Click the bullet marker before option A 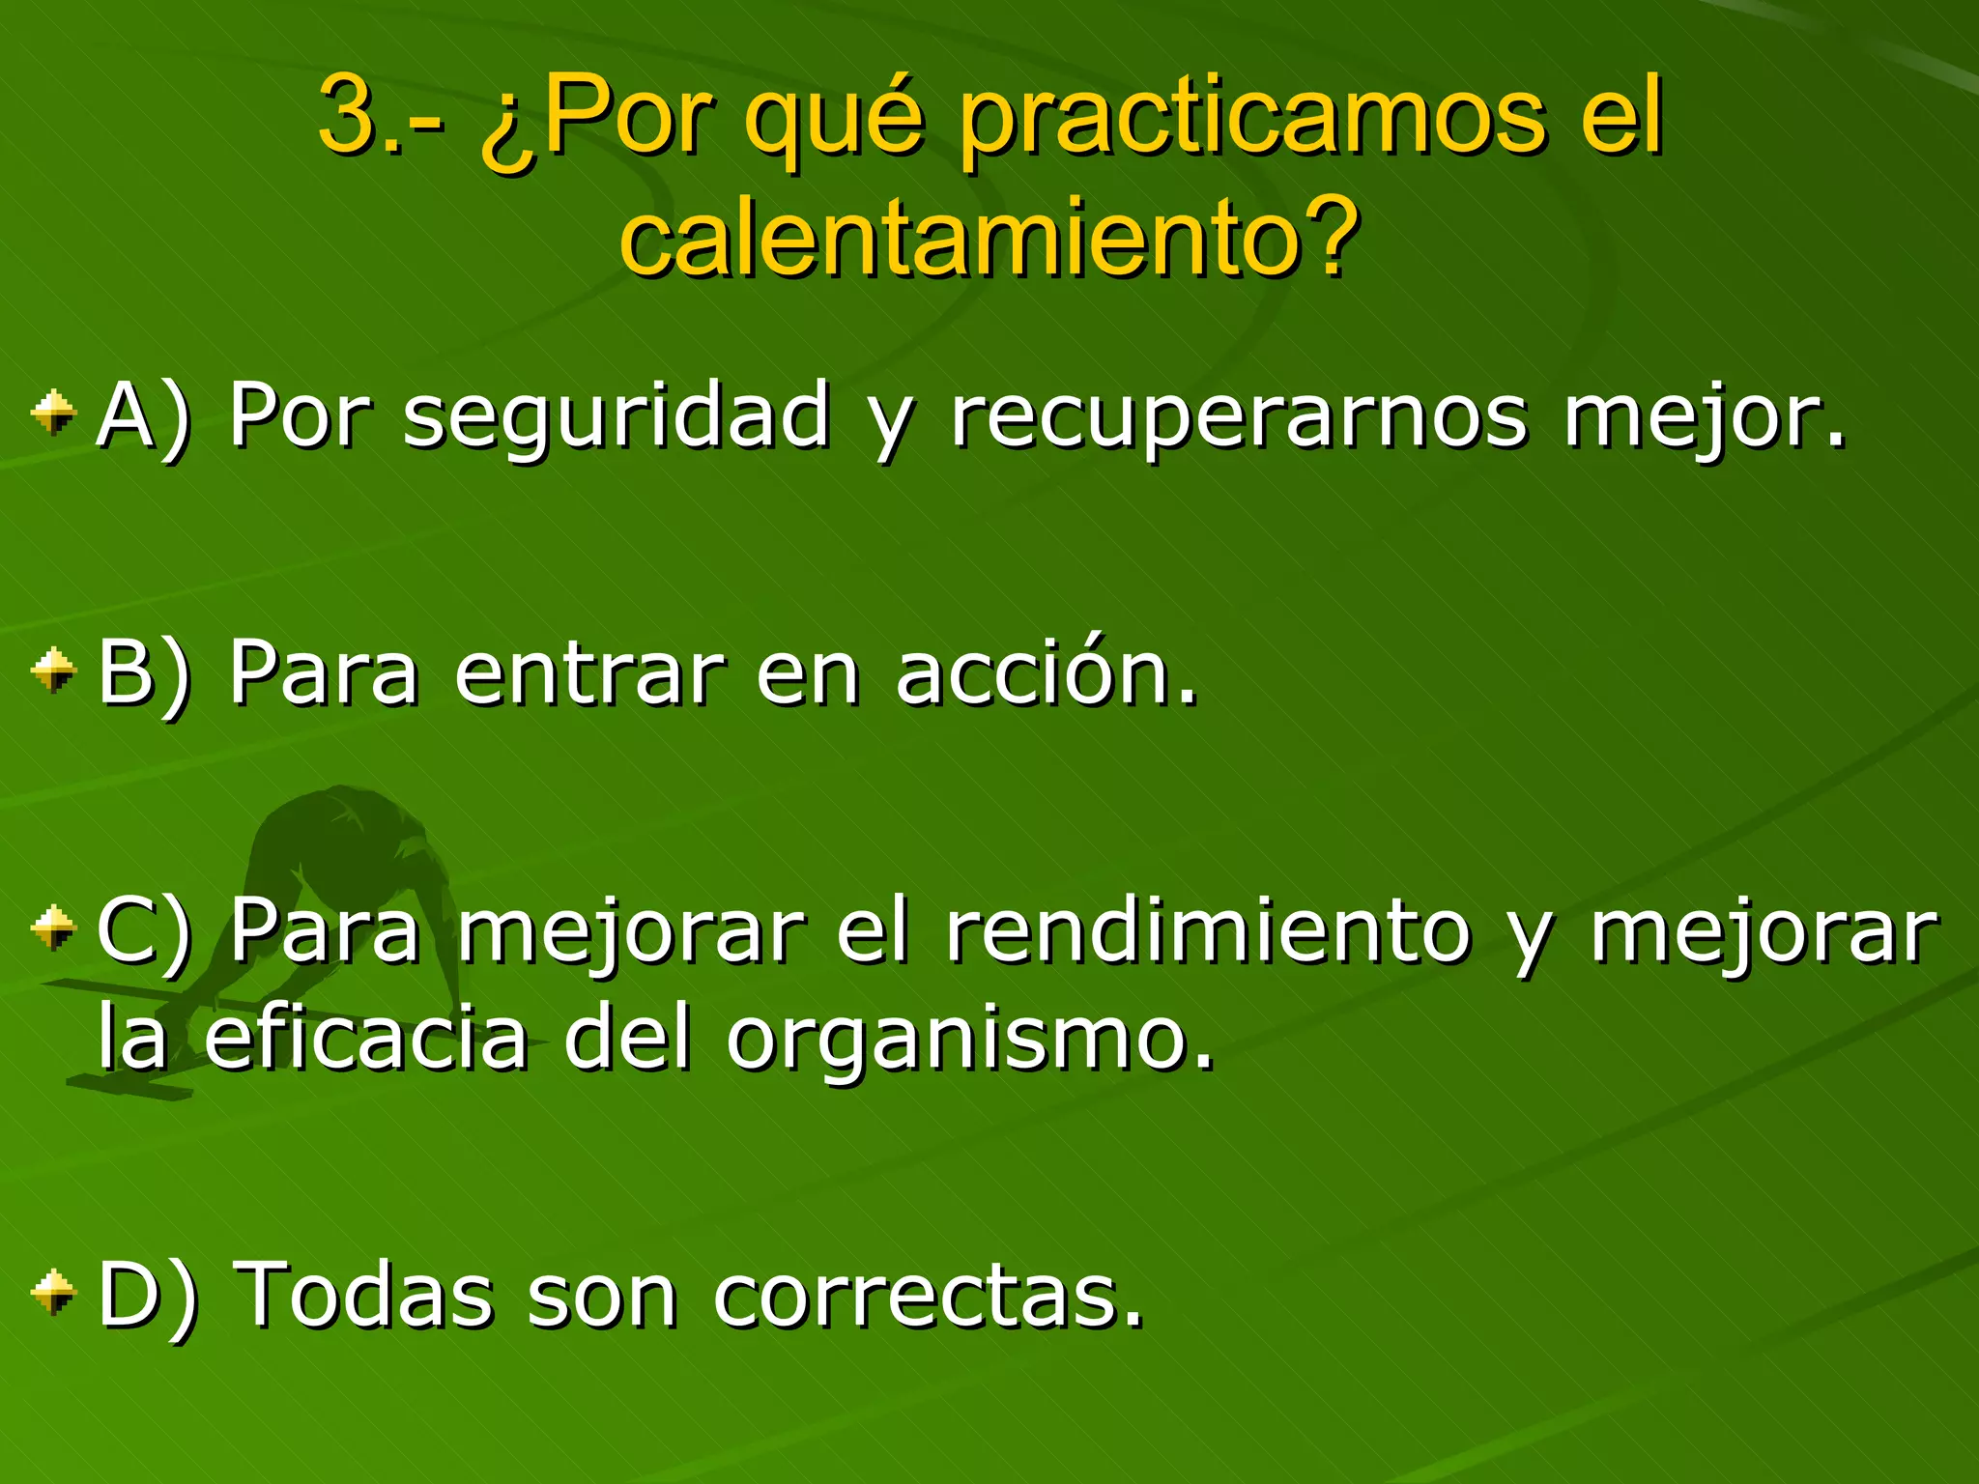point(53,413)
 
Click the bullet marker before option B point(53,670)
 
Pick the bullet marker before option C point(53,927)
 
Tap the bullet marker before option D point(53,1292)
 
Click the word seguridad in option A point(617,415)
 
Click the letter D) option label point(148,1295)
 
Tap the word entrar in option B point(589,672)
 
